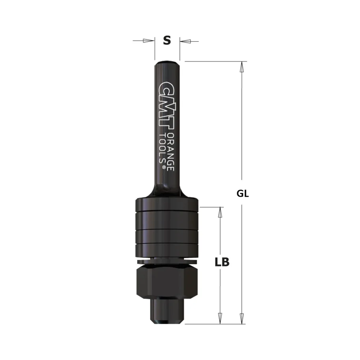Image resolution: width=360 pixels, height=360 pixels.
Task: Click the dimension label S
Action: [x=167, y=40]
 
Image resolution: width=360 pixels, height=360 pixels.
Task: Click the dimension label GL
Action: [x=243, y=194]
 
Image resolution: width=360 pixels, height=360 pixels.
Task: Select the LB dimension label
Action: [x=222, y=262]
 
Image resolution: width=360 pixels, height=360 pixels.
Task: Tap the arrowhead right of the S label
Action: [x=185, y=41]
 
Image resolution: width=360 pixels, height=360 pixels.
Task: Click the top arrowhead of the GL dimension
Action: [x=242, y=67]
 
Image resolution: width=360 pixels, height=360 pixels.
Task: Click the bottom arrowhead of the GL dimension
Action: [x=242, y=318]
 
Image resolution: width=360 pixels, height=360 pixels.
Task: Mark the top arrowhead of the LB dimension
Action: [x=220, y=213]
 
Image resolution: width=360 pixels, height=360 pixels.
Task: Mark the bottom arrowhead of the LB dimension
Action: [x=220, y=318]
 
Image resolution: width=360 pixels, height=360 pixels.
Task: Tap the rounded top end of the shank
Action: [x=167, y=62]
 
